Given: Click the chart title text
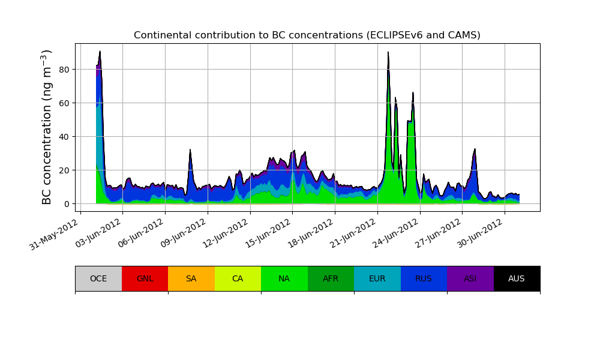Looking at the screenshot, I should click(x=307, y=35).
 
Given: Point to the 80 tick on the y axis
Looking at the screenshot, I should click(x=64, y=70).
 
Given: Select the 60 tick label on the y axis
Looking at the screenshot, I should click(x=64, y=103).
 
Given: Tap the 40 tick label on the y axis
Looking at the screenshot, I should click(x=64, y=137).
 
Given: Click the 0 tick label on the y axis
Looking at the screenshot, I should click(x=67, y=204).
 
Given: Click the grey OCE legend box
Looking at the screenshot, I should click(x=98, y=278).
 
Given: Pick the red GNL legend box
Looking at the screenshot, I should click(x=145, y=278).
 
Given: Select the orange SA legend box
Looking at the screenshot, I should click(x=191, y=278).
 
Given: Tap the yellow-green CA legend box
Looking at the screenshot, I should click(x=238, y=278).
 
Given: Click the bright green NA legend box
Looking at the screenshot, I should click(x=284, y=278).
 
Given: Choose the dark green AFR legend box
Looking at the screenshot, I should click(x=331, y=278).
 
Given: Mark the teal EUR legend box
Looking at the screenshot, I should click(x=377, y=278).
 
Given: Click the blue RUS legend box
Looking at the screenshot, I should click(x=424, y=278).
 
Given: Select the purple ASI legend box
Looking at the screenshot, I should click(x=470, y=278).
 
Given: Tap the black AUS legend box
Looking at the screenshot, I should click(x=517, y=278).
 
